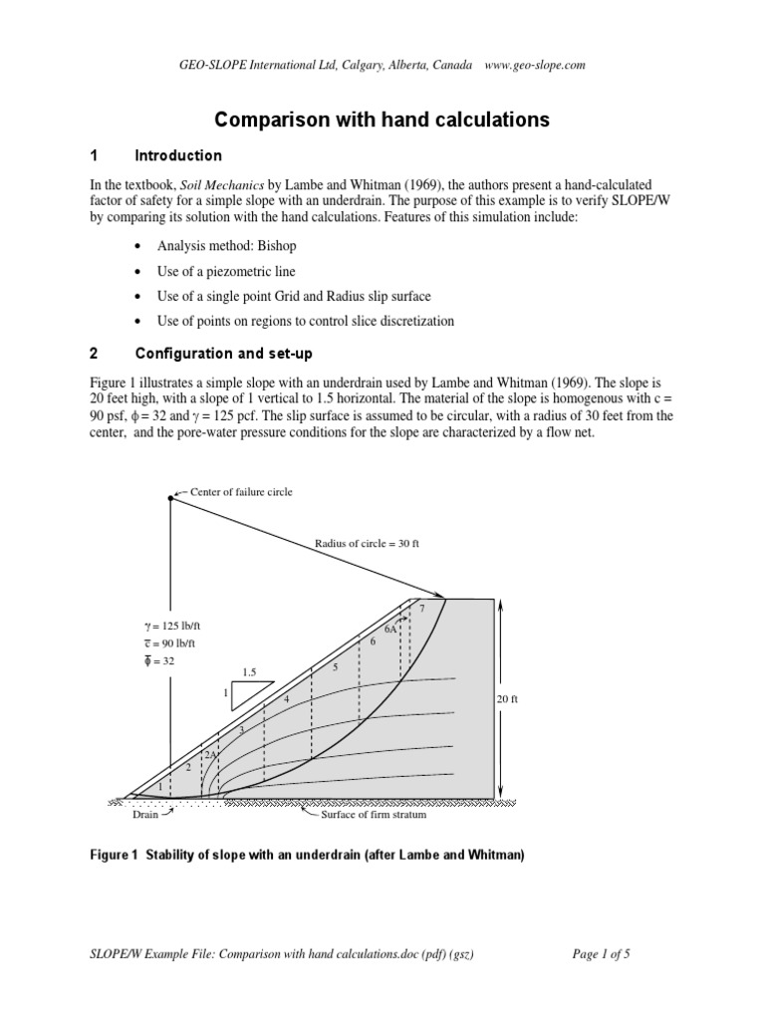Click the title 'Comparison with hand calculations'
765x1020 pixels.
tap(382, 120)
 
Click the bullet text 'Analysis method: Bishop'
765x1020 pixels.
tap(226, 245)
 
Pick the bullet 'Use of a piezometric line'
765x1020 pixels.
tap(226, 271)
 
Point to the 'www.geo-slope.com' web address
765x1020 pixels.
tap(534, 65)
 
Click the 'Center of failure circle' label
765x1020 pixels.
tap(234, 492)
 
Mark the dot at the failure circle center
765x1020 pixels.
tap(170, 498)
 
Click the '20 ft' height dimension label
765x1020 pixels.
tap(509, 700)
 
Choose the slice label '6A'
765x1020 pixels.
tap(391, 629)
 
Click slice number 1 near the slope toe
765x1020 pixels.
tap(160, 786)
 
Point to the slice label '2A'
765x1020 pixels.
tap(210, 755)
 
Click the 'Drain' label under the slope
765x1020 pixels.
tap(145, 815)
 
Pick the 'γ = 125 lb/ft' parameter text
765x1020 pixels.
tap(178, 625)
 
